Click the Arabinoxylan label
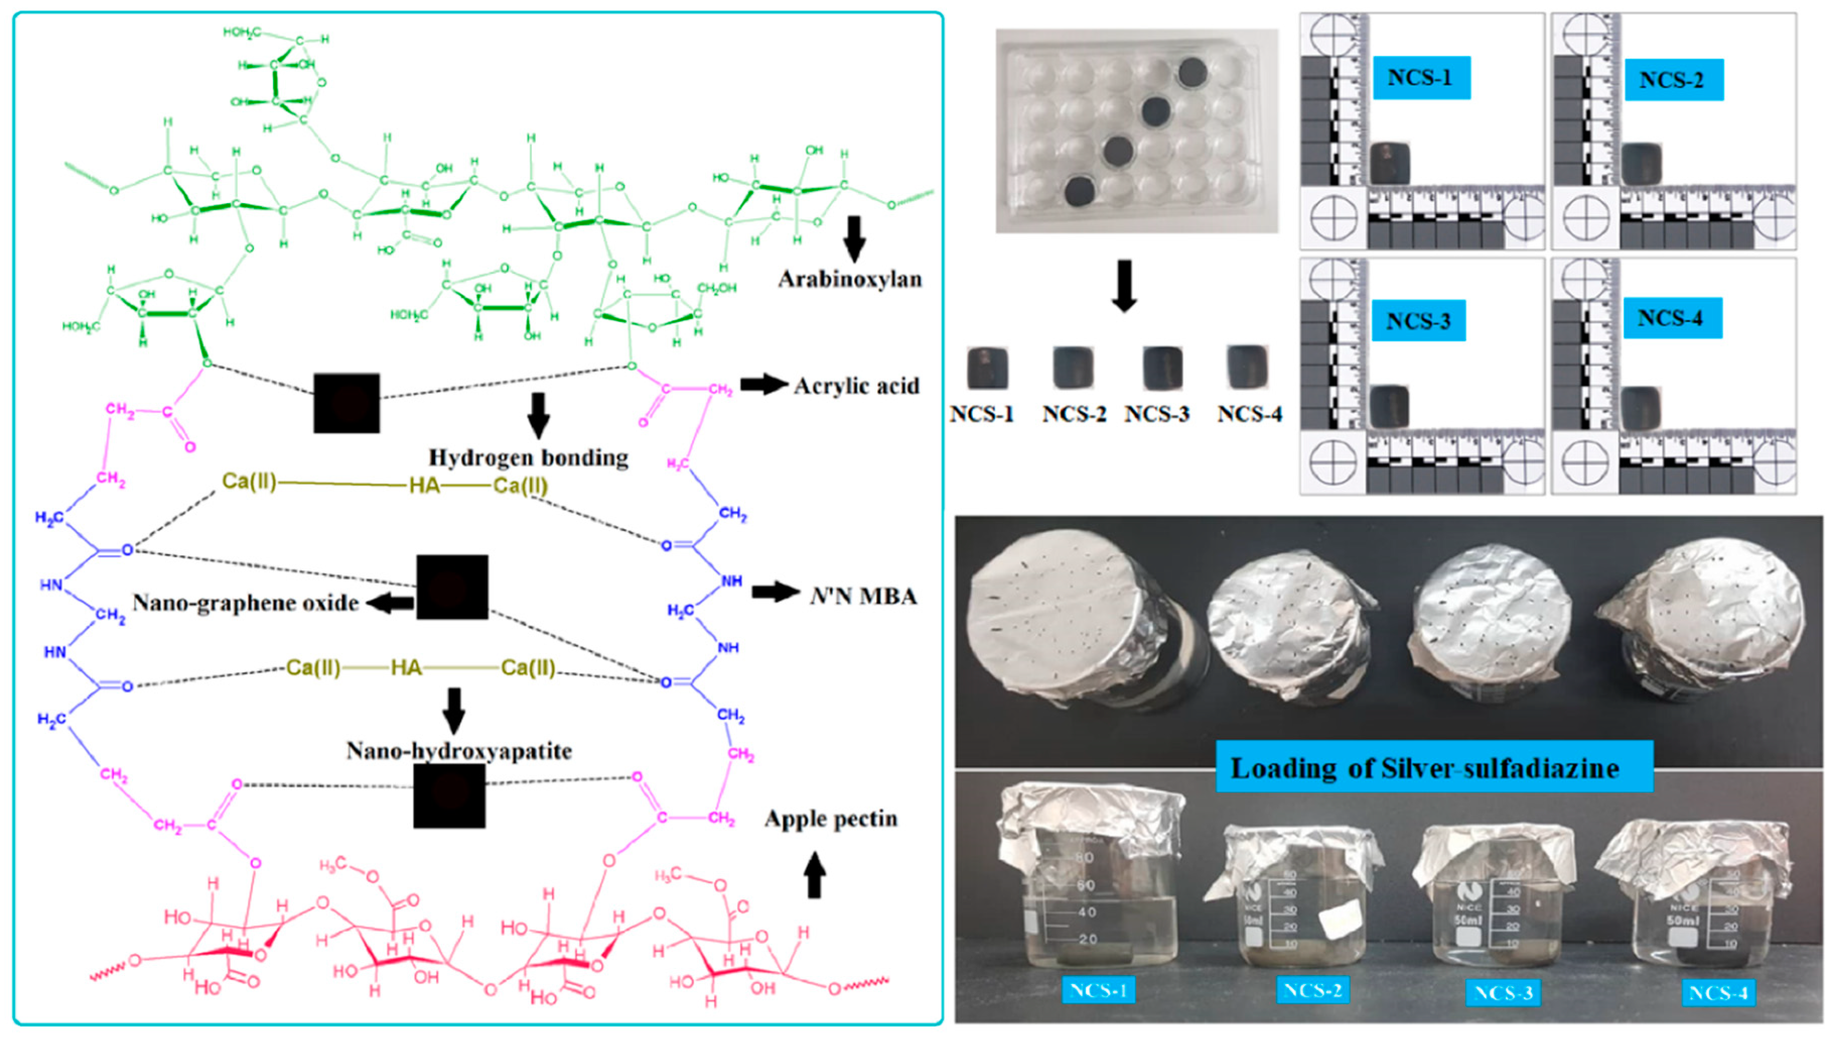pos(850,279)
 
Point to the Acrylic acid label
pos(856,386)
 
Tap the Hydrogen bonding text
pos(528,458)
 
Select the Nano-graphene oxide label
pos(246,603)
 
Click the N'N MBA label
pos(863,596)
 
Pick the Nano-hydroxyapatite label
pos(459,751)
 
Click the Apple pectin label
pos(830,819)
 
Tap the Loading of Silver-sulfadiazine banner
pos(1434,767)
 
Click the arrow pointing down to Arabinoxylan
pos(854,239)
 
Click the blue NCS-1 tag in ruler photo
pos(1421,77)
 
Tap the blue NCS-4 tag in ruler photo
pos(1671,317)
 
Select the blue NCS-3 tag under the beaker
pos(1503,993)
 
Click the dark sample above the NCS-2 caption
pos(1073,367)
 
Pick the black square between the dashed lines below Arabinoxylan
pos(346,403)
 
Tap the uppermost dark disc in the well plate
pos(1192,72)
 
